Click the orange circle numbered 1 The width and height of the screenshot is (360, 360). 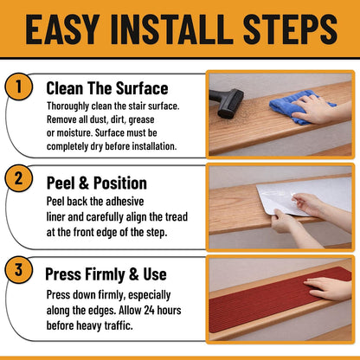click(18, 87)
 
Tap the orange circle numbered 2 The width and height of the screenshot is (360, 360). click(18, 178)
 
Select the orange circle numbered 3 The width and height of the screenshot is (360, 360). click(18, 269)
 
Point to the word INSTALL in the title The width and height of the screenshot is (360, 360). click(171, 30)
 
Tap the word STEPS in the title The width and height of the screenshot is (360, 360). click(290, 30)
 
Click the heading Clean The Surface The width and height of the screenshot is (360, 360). click(107, 88)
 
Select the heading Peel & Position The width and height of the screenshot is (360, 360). click(97, 183)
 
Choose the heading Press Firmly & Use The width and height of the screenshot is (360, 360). click(106, 274)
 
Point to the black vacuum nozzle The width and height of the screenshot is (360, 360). click(227, 103)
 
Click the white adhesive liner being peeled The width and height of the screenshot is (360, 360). click(303, 196)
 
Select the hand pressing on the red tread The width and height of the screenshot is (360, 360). click(327, 288)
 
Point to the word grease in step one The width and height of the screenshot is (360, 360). click(141, 119)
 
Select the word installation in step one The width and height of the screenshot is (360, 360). click(154, 146)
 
